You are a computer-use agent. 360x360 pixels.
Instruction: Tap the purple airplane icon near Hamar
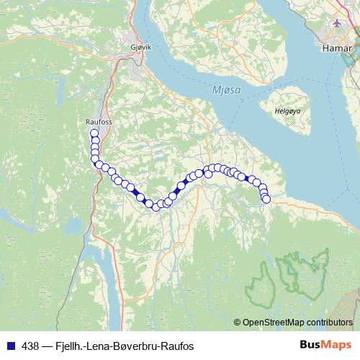pyautogui.click(x=336, y=23)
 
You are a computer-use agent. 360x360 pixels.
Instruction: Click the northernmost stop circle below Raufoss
pyautogui.click(x=94, y=133)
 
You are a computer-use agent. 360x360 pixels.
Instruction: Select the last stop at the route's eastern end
pyautogui.click(x=266, y=199)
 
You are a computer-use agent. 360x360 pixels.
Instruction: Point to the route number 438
pyautogui.click(x=30, y=346)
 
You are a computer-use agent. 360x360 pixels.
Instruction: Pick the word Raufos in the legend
pyautogui.click(x=179, y=346)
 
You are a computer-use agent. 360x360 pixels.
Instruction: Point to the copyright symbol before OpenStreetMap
pyautogui.click(x=238, y=322)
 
